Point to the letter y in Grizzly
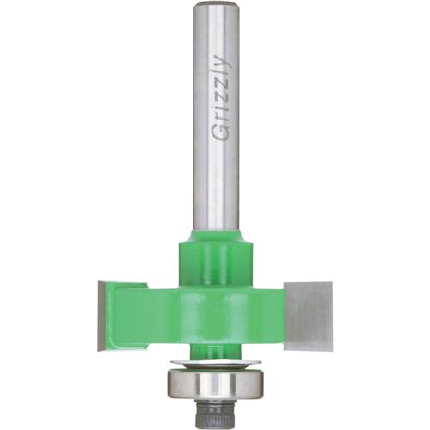[x=218, y=63]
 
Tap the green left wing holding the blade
[x=129, y=310]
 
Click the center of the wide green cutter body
[x=216, y=310]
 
